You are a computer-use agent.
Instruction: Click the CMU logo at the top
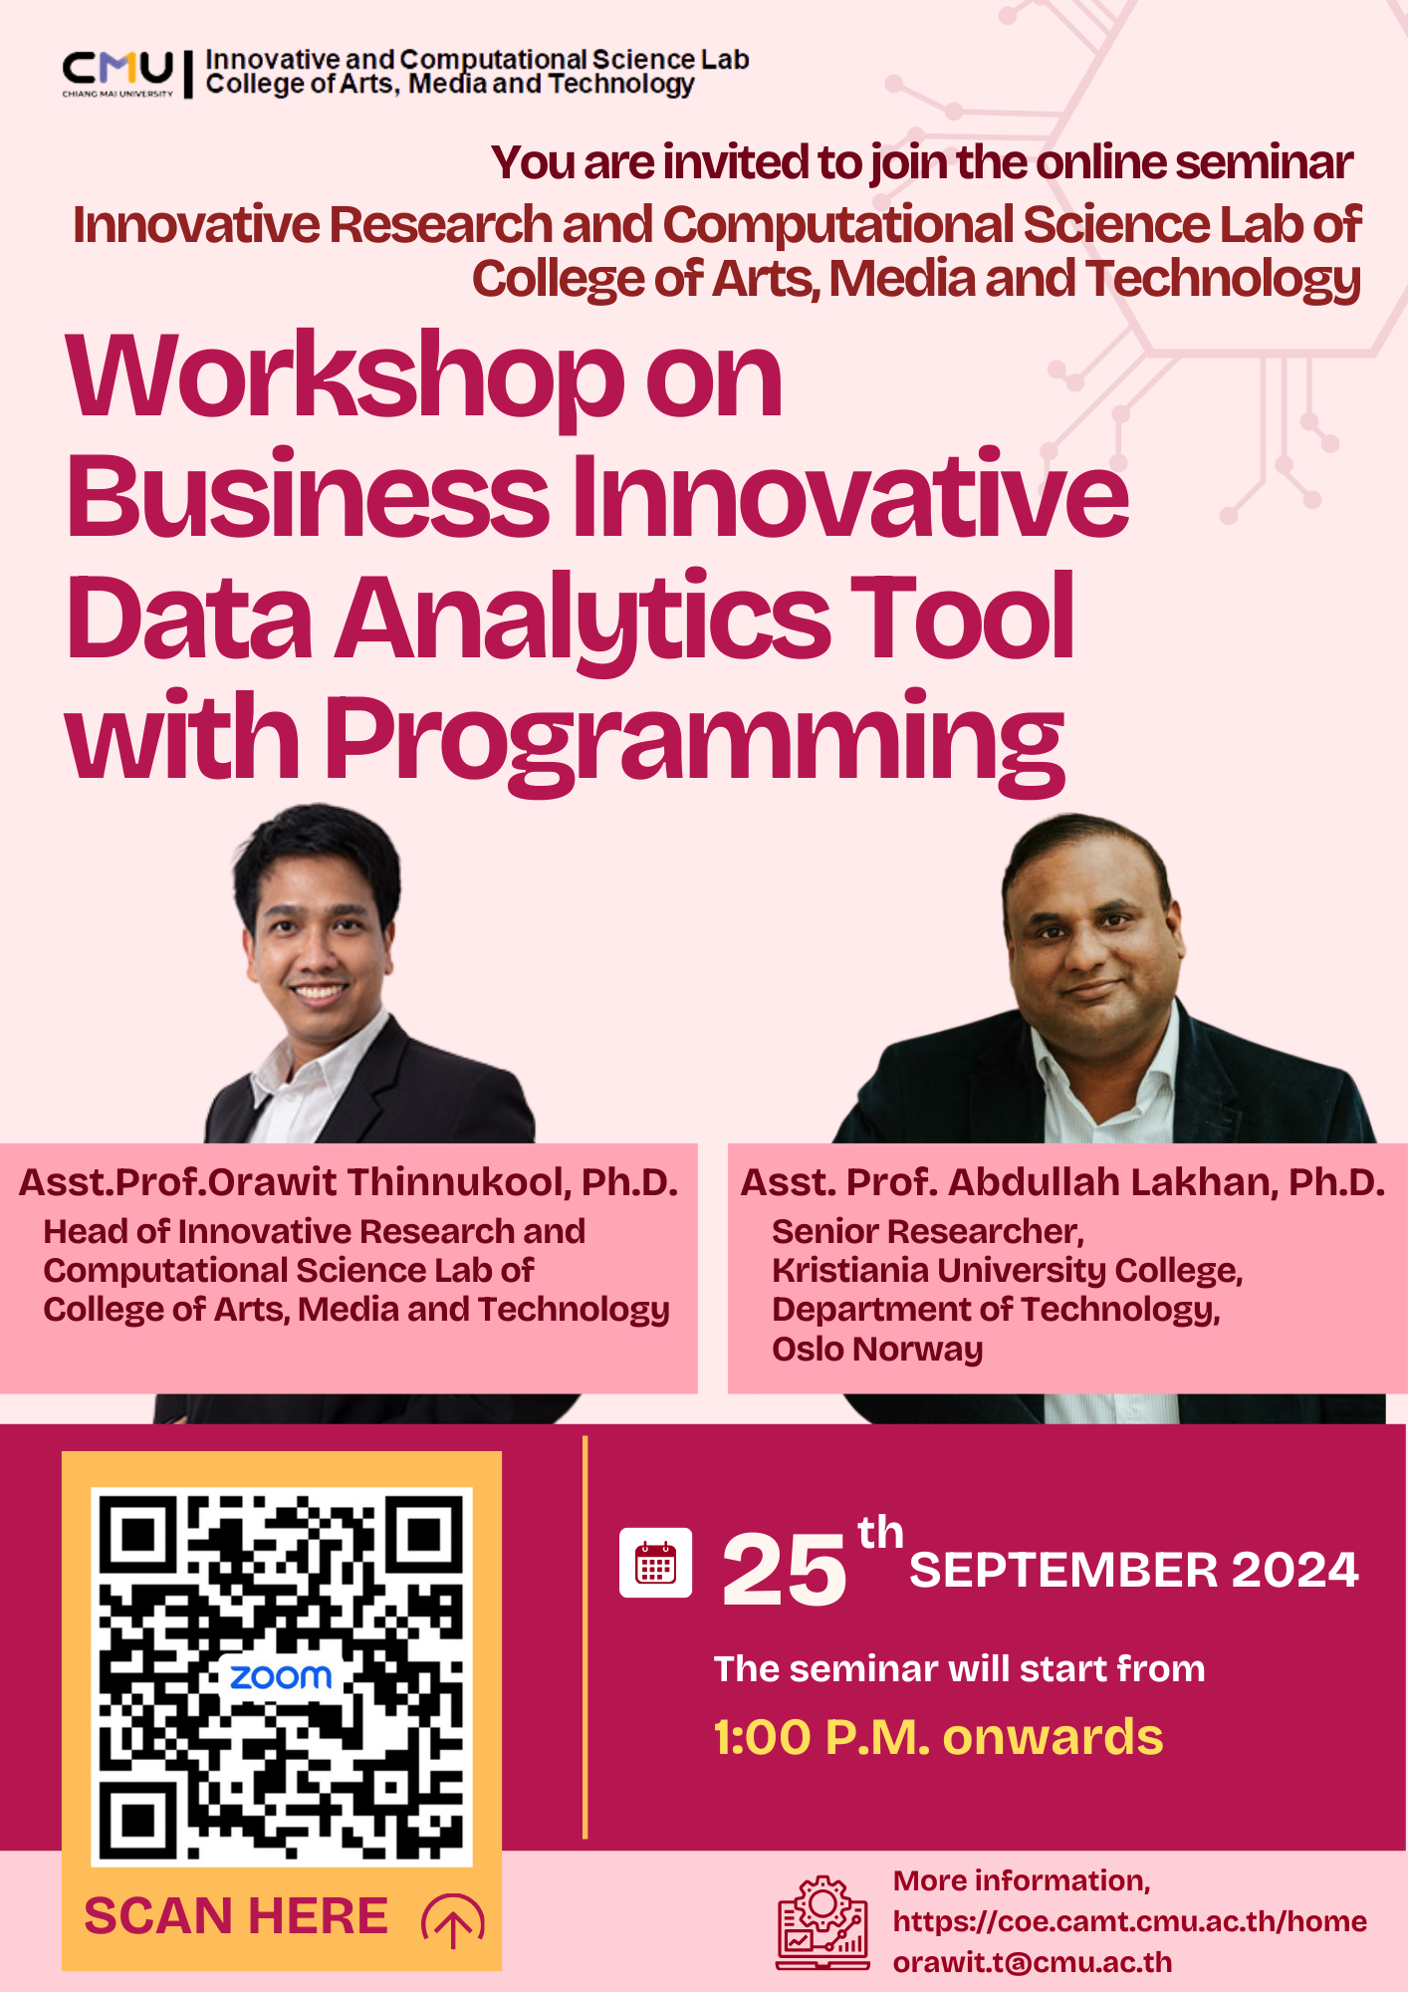pyautogui.click(x=117, y=74)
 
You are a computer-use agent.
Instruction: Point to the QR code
pyautogui.click(x=282, y=1677)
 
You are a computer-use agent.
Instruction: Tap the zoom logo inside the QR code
pyautogui.click(x=281, y=1677)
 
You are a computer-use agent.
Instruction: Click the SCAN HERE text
pyautogui.click(x=236, y=1916)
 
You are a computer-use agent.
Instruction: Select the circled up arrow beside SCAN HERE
pyautogui.click(x=453, y=1919)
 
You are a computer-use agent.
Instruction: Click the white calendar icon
pyautogui.click(x=655, y=1563)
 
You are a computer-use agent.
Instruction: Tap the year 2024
pyautogui.click(x=1295, y=1571)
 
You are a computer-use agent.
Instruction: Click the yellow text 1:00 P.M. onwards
pyautogui.click(x=938, y=1738)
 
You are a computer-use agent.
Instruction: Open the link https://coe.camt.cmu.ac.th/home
pyautogui.click(x=1130, y=1921)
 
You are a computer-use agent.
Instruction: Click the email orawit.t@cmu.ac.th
pyautogui.click(x=1033, y=1962)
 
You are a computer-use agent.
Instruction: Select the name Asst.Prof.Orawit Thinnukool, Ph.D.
pyautogui.click(x=349, y=1182)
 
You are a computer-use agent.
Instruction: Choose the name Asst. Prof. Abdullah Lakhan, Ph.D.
pyautogui.click(x=1062, y=1182)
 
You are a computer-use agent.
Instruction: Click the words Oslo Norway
pyautogui.click(x=877, y=1349)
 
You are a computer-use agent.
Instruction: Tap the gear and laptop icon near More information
pyautogui.click(x=822, y=1923)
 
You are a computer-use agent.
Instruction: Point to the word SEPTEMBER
pyautogui.click(x=1063, y=1571)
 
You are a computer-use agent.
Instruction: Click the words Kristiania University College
pyautogui.click(x=1007, y=1271)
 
